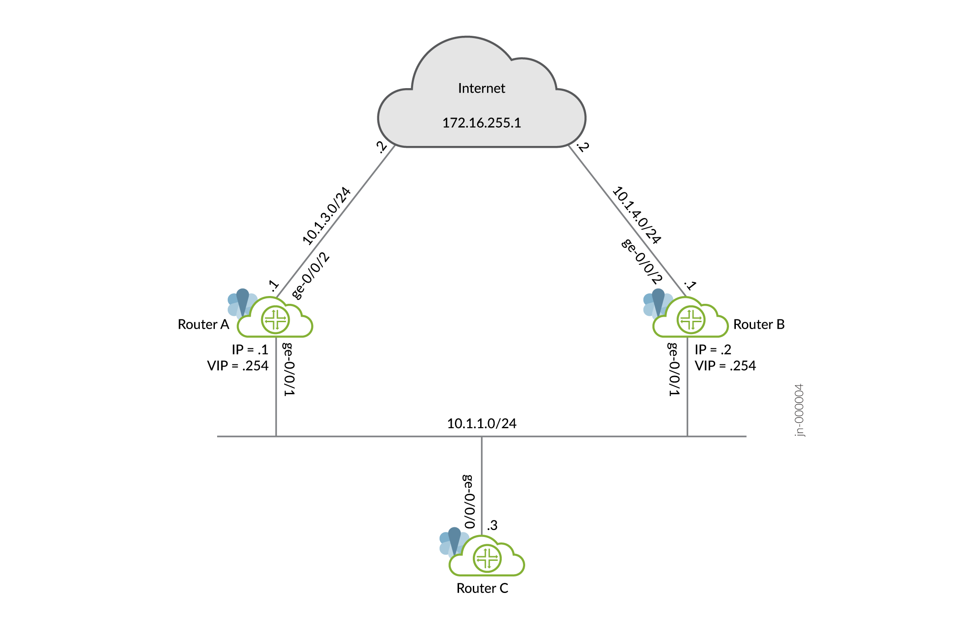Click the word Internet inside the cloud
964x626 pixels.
[481, 88]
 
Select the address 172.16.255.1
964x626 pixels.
[482, 123]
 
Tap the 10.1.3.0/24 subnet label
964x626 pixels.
[326, 216]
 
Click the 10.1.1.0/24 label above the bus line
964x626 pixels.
[482, 423]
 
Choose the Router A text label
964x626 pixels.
[203, 324]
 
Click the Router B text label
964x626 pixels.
[759, 324]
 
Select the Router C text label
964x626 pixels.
[482, 588]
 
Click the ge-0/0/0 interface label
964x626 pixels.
[469, 502]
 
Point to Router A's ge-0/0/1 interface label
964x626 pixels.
[288, 369]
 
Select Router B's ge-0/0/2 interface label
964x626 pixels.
[642, 261]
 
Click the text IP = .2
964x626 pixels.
[712, 350]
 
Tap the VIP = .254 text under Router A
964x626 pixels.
[237, 366]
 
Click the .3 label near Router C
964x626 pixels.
[492, 525]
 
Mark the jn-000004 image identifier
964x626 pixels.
[799, 410]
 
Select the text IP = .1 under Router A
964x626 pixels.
[250, 350]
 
